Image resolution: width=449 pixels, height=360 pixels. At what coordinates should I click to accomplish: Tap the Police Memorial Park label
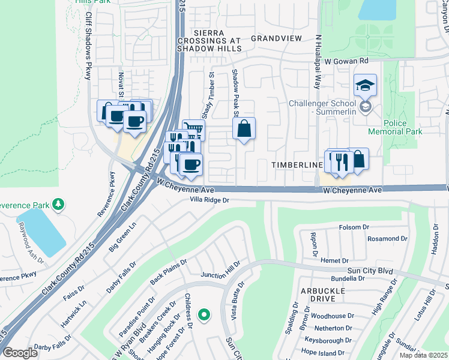click(403, 127)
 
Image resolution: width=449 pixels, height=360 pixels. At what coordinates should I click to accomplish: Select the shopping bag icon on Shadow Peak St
click(244, 128)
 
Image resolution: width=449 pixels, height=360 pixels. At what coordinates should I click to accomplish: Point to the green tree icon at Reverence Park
click(58, 205)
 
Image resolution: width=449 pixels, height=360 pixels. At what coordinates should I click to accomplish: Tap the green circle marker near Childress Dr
click(204, 314)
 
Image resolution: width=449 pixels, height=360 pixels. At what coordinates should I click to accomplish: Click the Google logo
click(20, 353)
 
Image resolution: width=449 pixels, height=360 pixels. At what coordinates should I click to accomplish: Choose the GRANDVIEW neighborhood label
click(276, 38)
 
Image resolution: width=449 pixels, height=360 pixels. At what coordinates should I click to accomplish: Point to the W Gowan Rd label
click(346, 61)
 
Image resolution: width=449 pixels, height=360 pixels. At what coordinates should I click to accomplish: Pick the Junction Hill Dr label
click(220, 268)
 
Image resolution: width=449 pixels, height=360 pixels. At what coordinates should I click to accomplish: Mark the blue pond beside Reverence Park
click(41, 231)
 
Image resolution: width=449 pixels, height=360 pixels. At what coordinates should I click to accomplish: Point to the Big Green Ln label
click(123, 238)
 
